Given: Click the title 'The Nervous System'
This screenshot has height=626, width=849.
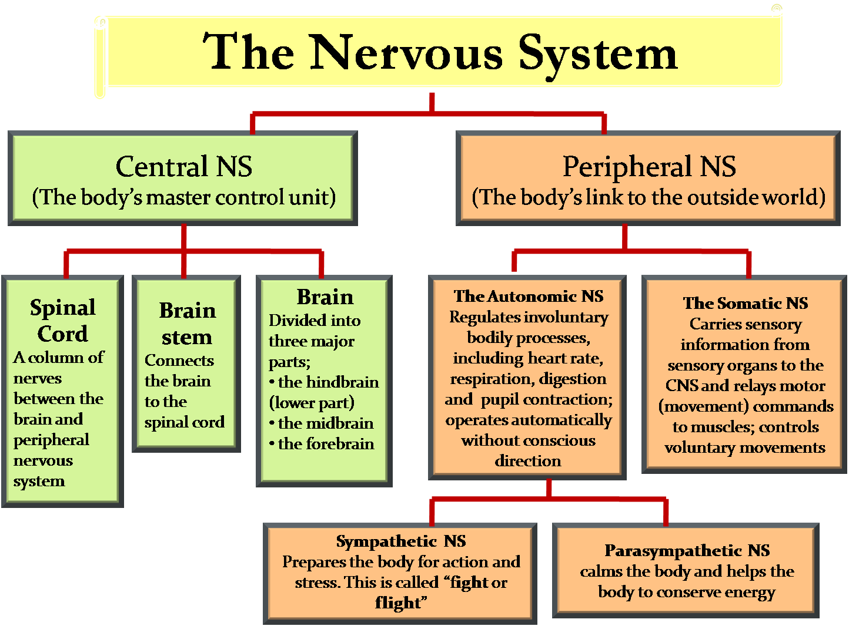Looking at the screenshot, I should tap(440, 53).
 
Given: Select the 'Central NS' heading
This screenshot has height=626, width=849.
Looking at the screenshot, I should tap(183, 166).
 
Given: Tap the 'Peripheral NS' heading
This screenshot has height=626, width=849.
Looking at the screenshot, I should tap(649, 166).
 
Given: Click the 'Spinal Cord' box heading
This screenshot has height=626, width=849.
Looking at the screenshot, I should tap(63, 321).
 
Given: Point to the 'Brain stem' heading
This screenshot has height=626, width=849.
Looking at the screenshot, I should tap(187, 324).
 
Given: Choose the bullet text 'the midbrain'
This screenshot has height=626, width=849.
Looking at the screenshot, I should tap(326, 423).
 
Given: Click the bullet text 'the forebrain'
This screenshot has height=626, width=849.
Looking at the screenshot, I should tap(326, 444).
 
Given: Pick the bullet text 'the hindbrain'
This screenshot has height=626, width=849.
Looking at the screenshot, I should tap(328, 382).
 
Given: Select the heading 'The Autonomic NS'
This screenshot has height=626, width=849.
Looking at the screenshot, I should tap(529, 296).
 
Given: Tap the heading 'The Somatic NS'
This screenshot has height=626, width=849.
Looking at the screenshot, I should tap(745, 303).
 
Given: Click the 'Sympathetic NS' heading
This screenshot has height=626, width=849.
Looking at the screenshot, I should tap(401, 541).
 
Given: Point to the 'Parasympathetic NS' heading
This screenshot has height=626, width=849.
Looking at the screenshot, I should tap(687, 551).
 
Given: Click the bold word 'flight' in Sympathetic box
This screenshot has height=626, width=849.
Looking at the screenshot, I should tap(398, 603).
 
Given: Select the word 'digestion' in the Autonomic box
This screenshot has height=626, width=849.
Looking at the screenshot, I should tap(572, 379).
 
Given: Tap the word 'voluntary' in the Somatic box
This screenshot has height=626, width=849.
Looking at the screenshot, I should tap(697, 448).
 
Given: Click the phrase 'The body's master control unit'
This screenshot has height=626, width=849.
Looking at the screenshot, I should tap(183, 197).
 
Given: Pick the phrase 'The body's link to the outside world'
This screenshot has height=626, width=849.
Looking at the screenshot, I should tap(649, 197).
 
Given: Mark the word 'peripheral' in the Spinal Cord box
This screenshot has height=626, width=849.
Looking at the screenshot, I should tap(51, 440).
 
